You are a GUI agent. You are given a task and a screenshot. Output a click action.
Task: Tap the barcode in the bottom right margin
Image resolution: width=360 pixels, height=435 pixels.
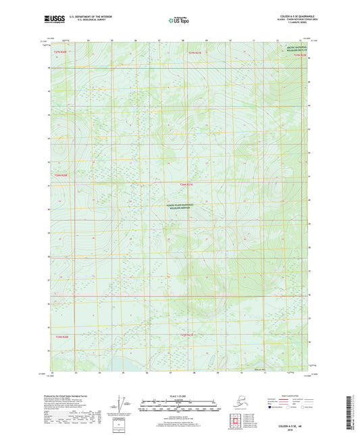(353, 409)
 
